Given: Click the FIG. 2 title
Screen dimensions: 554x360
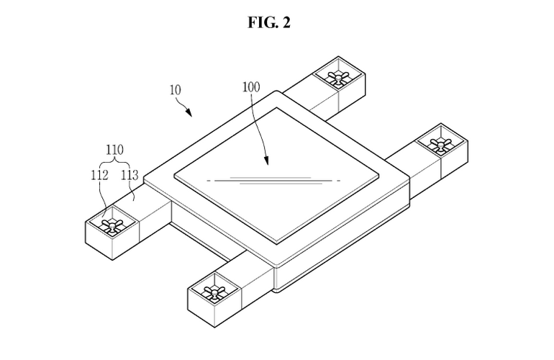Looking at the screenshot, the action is pos(269,22).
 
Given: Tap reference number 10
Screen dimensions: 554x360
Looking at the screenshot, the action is pos(176,90).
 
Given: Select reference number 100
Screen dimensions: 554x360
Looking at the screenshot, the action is pos(251,87).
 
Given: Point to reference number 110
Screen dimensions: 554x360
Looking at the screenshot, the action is pos(115,150).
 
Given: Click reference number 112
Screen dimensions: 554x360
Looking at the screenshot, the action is pos(99,175).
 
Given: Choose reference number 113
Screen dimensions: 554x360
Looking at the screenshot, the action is pos(130,175).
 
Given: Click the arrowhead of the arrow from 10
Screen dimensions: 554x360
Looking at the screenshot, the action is pos(189,113).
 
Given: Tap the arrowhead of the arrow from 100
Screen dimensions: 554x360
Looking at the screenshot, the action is pos(266,161).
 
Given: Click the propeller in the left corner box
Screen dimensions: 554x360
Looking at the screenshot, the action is pos(112,225).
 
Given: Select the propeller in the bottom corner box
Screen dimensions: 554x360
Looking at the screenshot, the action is pos(214,292).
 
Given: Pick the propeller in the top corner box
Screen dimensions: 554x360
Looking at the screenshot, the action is pos(338,76).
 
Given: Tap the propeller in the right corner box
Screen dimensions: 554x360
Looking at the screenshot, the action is pos(440,144).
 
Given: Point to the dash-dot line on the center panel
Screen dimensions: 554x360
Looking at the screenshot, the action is pos(274,181).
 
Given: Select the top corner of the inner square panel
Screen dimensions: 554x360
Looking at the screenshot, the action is pos(277,108).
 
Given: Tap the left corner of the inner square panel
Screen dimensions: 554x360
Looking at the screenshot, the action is pos(175,174).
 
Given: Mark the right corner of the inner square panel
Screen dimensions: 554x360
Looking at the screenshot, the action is pos(378,175).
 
